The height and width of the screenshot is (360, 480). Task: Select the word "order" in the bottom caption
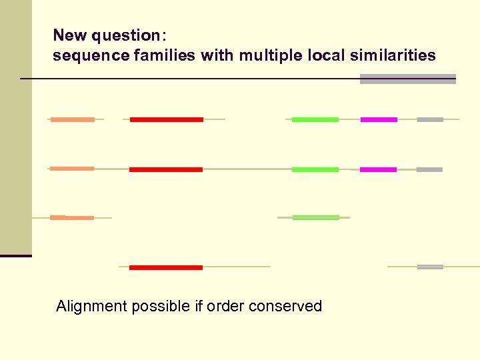click(x=225, y=306)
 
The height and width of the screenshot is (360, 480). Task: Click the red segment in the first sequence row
click(x=166, y=119)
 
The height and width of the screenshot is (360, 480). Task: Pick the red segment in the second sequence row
click(x=165, y=169)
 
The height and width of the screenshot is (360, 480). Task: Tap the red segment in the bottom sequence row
click(x=165, y=267)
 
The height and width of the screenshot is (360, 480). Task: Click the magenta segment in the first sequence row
click(x=379, y=119)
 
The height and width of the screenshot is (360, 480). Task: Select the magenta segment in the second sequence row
click(x=378, y=169)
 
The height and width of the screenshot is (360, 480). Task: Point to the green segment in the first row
click(x=315, y=119)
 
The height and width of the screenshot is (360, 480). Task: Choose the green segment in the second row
click(x=315, y=169)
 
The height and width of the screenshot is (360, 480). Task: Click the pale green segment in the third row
click(x=315, y=217)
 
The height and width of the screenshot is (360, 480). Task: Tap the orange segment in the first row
click(x=73, y=119)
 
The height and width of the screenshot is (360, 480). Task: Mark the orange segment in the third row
click(x=72, y=217)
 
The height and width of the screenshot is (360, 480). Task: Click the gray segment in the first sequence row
click(x=430, y=119)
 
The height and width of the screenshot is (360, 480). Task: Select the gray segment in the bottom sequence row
click(x=430, y=267)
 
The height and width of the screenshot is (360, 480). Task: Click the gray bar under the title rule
click(x=407, y=79)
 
